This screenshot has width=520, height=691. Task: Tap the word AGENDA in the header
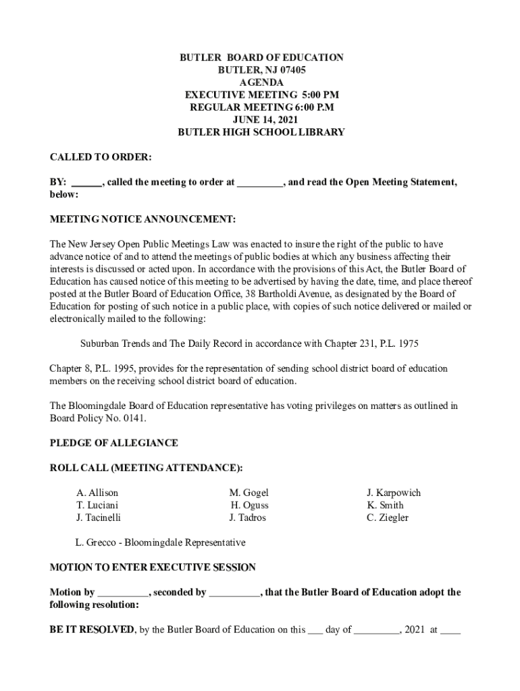coord(261,83)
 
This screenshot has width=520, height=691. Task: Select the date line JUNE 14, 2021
coord(261,120)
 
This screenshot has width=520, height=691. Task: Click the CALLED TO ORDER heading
coord(101,157)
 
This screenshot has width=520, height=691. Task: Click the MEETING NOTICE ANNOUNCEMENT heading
coord(143,219)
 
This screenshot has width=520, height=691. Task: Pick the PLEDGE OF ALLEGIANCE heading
coord(114,443)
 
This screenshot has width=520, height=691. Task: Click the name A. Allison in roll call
coord(97,493)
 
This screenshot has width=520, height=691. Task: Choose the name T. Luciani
coord(98,505)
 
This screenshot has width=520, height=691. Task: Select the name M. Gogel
coord(249,493)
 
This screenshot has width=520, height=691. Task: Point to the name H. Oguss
coord(249,505)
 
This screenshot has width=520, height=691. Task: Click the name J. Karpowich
coord(394,493)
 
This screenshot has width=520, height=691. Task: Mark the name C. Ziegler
coord(388,518)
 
